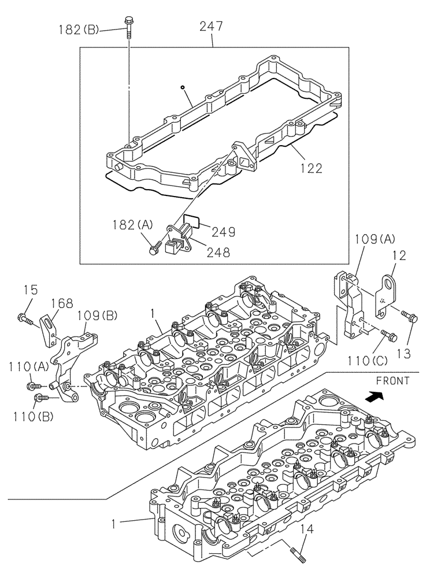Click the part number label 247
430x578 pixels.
[x=212, y=27]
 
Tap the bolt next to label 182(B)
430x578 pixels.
[x=128, y=26]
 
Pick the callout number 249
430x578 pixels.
[x=223, y=232]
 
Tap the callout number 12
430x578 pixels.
[x=401, y=255]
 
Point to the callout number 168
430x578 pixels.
[x=61, y=303]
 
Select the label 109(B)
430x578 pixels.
[x=98, y=315]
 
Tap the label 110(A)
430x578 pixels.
[x=28, y=366]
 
